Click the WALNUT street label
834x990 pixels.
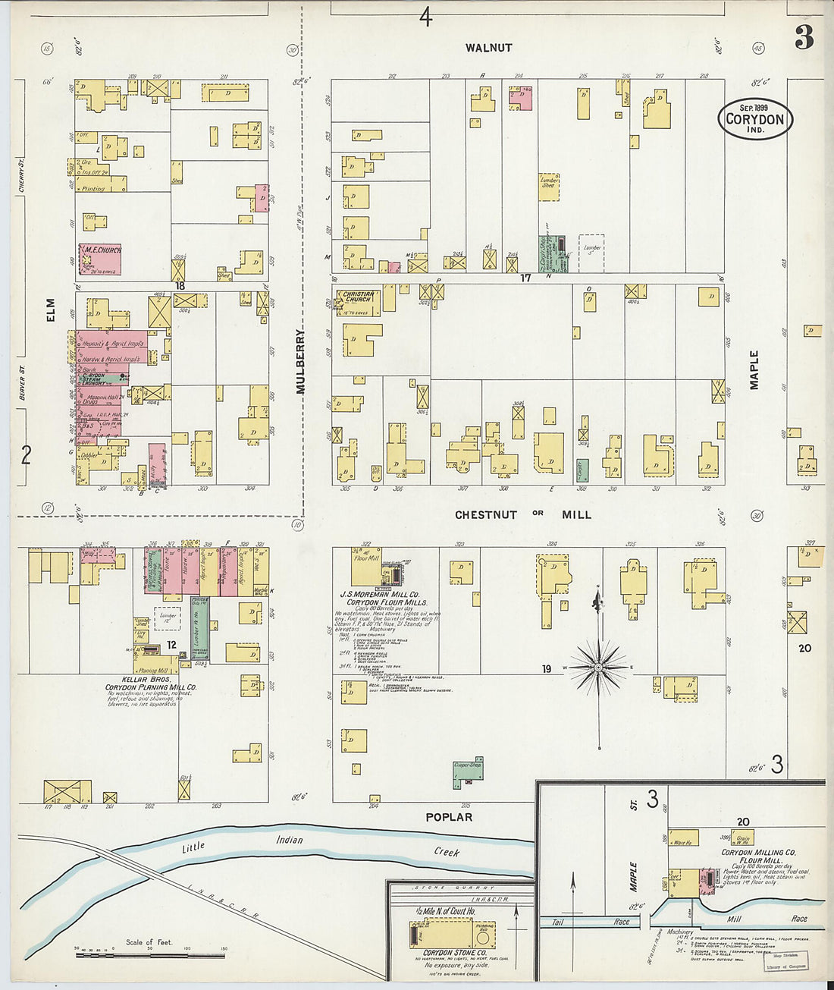pyautogui.click(x=488, y=48)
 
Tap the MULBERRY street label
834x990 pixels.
pyautogui.click(x=299, y=361)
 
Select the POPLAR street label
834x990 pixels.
pyautogui.click(x=449, y=817)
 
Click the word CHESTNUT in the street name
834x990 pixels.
pyautogui.click(x=486, y=515)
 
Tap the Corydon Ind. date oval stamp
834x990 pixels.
pyautogui.click(x=755, y=119)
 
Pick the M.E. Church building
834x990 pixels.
pyautogui.click(x=100, y=259)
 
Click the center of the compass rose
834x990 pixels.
pyautogui.click(x=598, y=668)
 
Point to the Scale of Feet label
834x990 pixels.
pyautogui.click(x=149, y=942)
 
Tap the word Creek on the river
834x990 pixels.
pyautogui.click(x=447, y=852)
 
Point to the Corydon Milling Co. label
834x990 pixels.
pyautogui.click(x=758, y=853)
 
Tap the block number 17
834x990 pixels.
pyautogui.click(x=525, y=278)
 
